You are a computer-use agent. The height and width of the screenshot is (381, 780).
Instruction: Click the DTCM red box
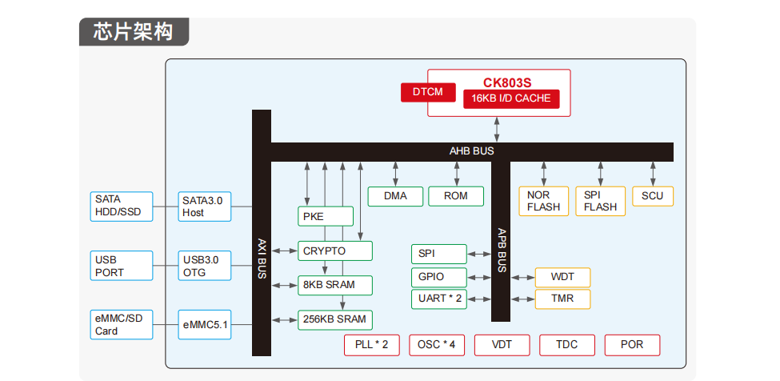(427, 92)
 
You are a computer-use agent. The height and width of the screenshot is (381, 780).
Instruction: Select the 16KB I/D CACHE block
(511, 98)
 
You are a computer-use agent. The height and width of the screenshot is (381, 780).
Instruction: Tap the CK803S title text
(506, 82)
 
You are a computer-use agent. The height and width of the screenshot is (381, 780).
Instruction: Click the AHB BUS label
(471, 150)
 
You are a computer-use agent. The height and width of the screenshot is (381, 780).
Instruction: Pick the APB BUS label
(502, 251)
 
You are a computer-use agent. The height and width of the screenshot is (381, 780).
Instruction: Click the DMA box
(395, 196)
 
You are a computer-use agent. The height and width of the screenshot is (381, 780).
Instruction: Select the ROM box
(456, 196)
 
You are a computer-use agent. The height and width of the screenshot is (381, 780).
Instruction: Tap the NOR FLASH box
(543, 201)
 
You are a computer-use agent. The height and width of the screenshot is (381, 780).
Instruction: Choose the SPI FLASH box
(600, 201)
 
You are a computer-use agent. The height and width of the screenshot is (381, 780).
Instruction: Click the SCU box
(653, 196)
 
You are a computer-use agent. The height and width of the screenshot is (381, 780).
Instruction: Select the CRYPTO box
(335, 251)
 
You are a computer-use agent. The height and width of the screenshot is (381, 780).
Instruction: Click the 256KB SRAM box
(335, 319)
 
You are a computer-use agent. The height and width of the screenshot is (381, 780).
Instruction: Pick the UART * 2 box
(440, 299)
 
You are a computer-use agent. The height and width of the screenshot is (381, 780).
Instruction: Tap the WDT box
(562, 278)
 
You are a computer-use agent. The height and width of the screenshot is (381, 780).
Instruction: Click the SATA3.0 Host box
(204, 207)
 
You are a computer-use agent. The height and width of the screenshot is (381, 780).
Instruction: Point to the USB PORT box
(121, 267)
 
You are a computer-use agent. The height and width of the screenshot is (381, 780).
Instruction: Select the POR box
(632, 345)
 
